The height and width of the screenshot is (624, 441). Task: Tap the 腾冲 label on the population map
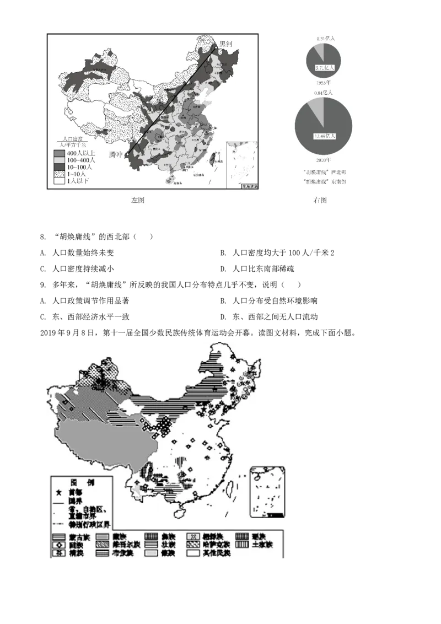point(116,154)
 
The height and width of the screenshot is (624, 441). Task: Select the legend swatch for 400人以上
point(59,153)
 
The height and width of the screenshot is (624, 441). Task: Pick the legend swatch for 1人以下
point(59,180)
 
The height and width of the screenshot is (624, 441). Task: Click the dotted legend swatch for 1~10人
point(59,173)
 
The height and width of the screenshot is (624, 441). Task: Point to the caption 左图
point(137,200)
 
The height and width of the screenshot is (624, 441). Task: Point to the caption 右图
point(320,200)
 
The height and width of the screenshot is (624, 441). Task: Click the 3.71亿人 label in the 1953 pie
point(324,67)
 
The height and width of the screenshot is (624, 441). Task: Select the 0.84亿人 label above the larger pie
point(324,93)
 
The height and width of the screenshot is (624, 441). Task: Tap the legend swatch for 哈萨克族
point(194,544)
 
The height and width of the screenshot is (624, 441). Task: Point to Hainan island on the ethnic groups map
point(180,511)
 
